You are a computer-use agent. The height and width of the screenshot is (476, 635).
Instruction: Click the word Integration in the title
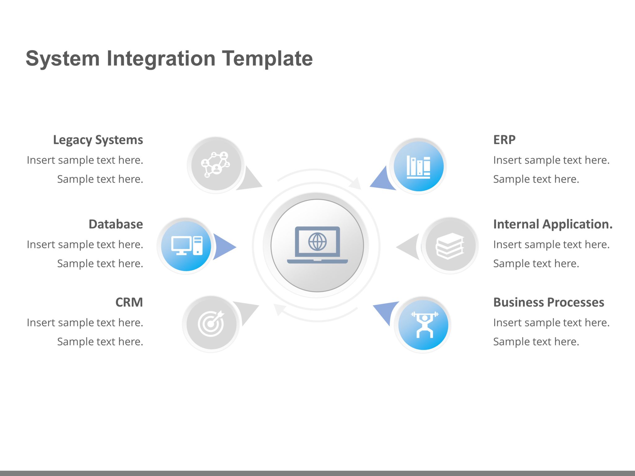pos(161,59)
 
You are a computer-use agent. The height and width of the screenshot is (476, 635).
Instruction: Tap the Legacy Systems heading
pos(98,140)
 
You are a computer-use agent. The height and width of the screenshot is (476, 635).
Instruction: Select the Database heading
pos(116,224)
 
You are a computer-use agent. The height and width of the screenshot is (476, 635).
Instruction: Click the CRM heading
pos(129,302)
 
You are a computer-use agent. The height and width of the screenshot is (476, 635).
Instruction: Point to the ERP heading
pos(504,140)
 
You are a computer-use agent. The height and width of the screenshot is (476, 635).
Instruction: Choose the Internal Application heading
pos(553,224)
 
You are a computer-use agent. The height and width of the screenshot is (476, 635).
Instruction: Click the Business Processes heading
pos(548,302)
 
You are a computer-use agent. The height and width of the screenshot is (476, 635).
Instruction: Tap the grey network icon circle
pos(216,165)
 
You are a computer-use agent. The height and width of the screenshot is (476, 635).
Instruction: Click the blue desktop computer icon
pos(186,246)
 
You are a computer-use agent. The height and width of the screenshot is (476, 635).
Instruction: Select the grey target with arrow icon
pos(211,324)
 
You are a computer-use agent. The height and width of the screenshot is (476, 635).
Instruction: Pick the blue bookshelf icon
pos(418,166)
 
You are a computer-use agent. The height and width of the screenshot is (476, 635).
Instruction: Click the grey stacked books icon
pos(450,246)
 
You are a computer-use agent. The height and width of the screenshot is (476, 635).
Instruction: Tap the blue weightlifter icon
pos(424,324)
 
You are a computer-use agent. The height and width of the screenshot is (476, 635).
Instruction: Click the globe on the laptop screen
pos(317,242)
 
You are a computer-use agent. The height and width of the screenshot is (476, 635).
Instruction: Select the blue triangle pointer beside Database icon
pos(223,247)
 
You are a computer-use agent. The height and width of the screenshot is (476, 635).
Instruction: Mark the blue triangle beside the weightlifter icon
pos(385,311)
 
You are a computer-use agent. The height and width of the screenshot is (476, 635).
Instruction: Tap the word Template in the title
pos(267,59)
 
